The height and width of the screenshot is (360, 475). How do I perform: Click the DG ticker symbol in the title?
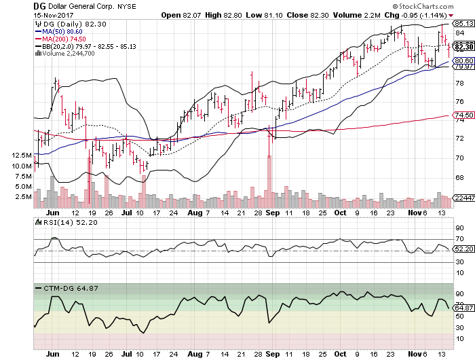pyautogui.click(x=39, y=5)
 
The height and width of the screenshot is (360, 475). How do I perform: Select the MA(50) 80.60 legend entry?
pyautogui.click(x=62, y=31)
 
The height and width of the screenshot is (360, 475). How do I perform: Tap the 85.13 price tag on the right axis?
pyautogui.click(x=463, y=22)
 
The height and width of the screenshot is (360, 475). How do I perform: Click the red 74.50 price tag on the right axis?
pyautogui.click(x=463, y=115)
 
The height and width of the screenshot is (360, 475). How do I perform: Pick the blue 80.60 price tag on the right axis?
pyautogui.click(x=463, y=60)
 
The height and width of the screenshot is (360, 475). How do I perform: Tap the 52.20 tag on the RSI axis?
pyautogui.click(x=463, y=249)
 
